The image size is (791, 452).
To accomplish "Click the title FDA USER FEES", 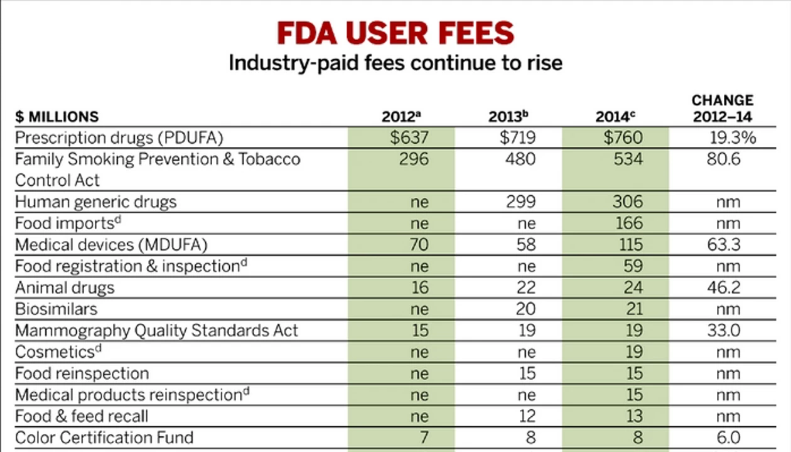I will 395,33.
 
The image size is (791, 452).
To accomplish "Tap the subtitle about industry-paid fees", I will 395,63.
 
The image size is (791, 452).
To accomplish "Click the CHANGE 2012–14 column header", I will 723,108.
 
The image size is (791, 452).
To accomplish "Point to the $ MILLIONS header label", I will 57,117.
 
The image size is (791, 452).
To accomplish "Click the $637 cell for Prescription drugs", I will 410,137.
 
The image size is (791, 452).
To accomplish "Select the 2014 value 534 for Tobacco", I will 628,159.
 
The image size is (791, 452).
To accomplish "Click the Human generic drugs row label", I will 96,202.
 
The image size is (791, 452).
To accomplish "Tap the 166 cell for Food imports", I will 630,223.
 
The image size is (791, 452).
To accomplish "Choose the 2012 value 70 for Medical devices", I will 419,245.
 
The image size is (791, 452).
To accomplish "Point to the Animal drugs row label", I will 65,288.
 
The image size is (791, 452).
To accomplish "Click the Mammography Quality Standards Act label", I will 157,331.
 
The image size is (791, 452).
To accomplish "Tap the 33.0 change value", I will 724,331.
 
